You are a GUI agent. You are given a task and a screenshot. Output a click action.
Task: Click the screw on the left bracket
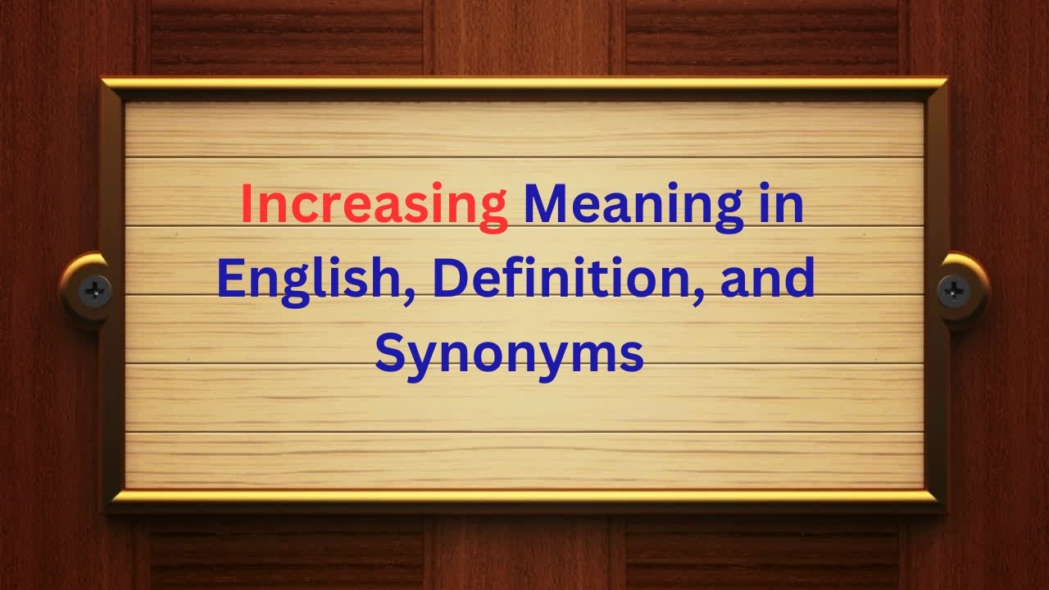click(95, 288)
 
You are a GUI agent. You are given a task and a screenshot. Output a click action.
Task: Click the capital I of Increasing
click(247, 205)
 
